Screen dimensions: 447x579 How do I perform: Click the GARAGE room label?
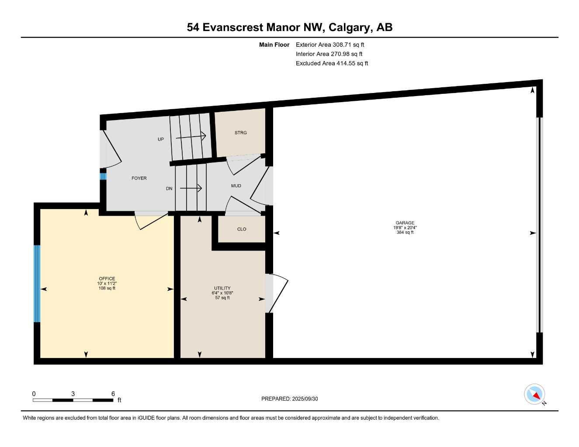click(x=405, y=223)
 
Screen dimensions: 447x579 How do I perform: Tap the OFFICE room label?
click(x=107, y=279)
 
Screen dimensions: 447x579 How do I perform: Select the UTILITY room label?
click(x=222, y=288)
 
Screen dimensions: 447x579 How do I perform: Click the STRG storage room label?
click(x=241, y=133)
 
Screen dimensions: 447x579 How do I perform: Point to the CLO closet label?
click(x=242, y=229)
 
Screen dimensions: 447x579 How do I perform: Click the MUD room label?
click(x=236, y=186)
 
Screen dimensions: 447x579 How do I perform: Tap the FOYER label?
click(x=139, y=178)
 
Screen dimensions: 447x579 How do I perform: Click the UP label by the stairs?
click(x=161, y=139)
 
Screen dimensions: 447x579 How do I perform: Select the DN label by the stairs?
click(x=169, y=189)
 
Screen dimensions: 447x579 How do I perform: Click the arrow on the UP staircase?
click(x=191, y=137)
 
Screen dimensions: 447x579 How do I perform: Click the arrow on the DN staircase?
click(x=191, y=189)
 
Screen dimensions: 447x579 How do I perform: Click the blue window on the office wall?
click(x=37, y=283)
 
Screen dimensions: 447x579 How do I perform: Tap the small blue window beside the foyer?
click(x=103, y=176)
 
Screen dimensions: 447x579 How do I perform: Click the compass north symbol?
click(x=534, y=394)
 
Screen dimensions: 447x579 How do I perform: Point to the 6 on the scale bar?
click(x=113, y=394)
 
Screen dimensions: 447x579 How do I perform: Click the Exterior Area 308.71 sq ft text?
click(x=330, y=45)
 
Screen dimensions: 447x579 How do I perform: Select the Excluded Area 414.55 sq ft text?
click(x=332, y=63)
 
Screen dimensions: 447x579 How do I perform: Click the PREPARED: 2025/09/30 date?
click(x=290, y=399)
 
